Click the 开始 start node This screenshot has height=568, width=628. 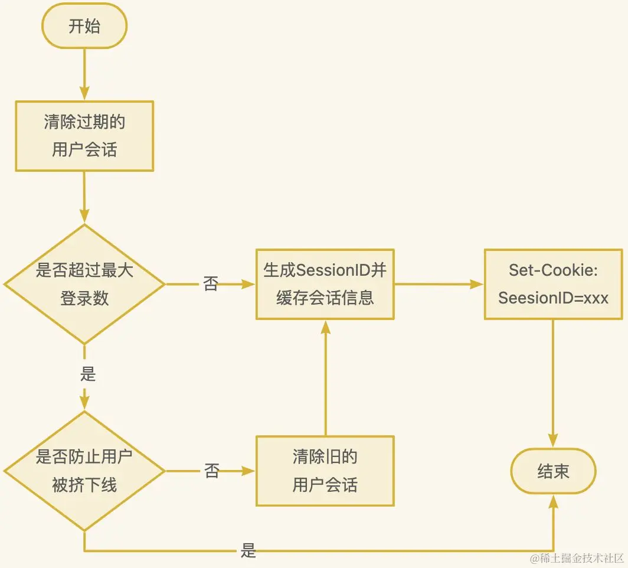point(84,27)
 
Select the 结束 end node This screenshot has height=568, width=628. point(553,471)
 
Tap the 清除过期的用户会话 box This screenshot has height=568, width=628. point(84,136)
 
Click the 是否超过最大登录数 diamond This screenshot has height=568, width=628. point(84,284)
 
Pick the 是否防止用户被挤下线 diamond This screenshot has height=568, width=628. point(84,471)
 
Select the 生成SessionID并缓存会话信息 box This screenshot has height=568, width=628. point(325,284)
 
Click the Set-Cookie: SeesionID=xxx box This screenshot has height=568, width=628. point(553,284)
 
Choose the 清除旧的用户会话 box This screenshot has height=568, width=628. point(325,471)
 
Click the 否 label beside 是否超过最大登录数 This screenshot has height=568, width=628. point(211,284)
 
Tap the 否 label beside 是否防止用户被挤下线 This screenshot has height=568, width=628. point(211,471)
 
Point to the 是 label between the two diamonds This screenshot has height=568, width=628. point(87,374)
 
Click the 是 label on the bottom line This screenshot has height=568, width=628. point(248,551)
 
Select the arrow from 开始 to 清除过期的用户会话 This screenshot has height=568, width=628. point(84,74)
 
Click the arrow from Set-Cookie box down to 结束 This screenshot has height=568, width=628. point(553,384)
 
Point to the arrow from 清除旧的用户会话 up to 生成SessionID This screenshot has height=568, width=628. point(325,378)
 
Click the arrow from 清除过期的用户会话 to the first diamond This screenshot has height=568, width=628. point(84,198)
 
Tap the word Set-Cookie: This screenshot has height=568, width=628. point(553,270)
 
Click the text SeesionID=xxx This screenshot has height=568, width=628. point(553,298)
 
